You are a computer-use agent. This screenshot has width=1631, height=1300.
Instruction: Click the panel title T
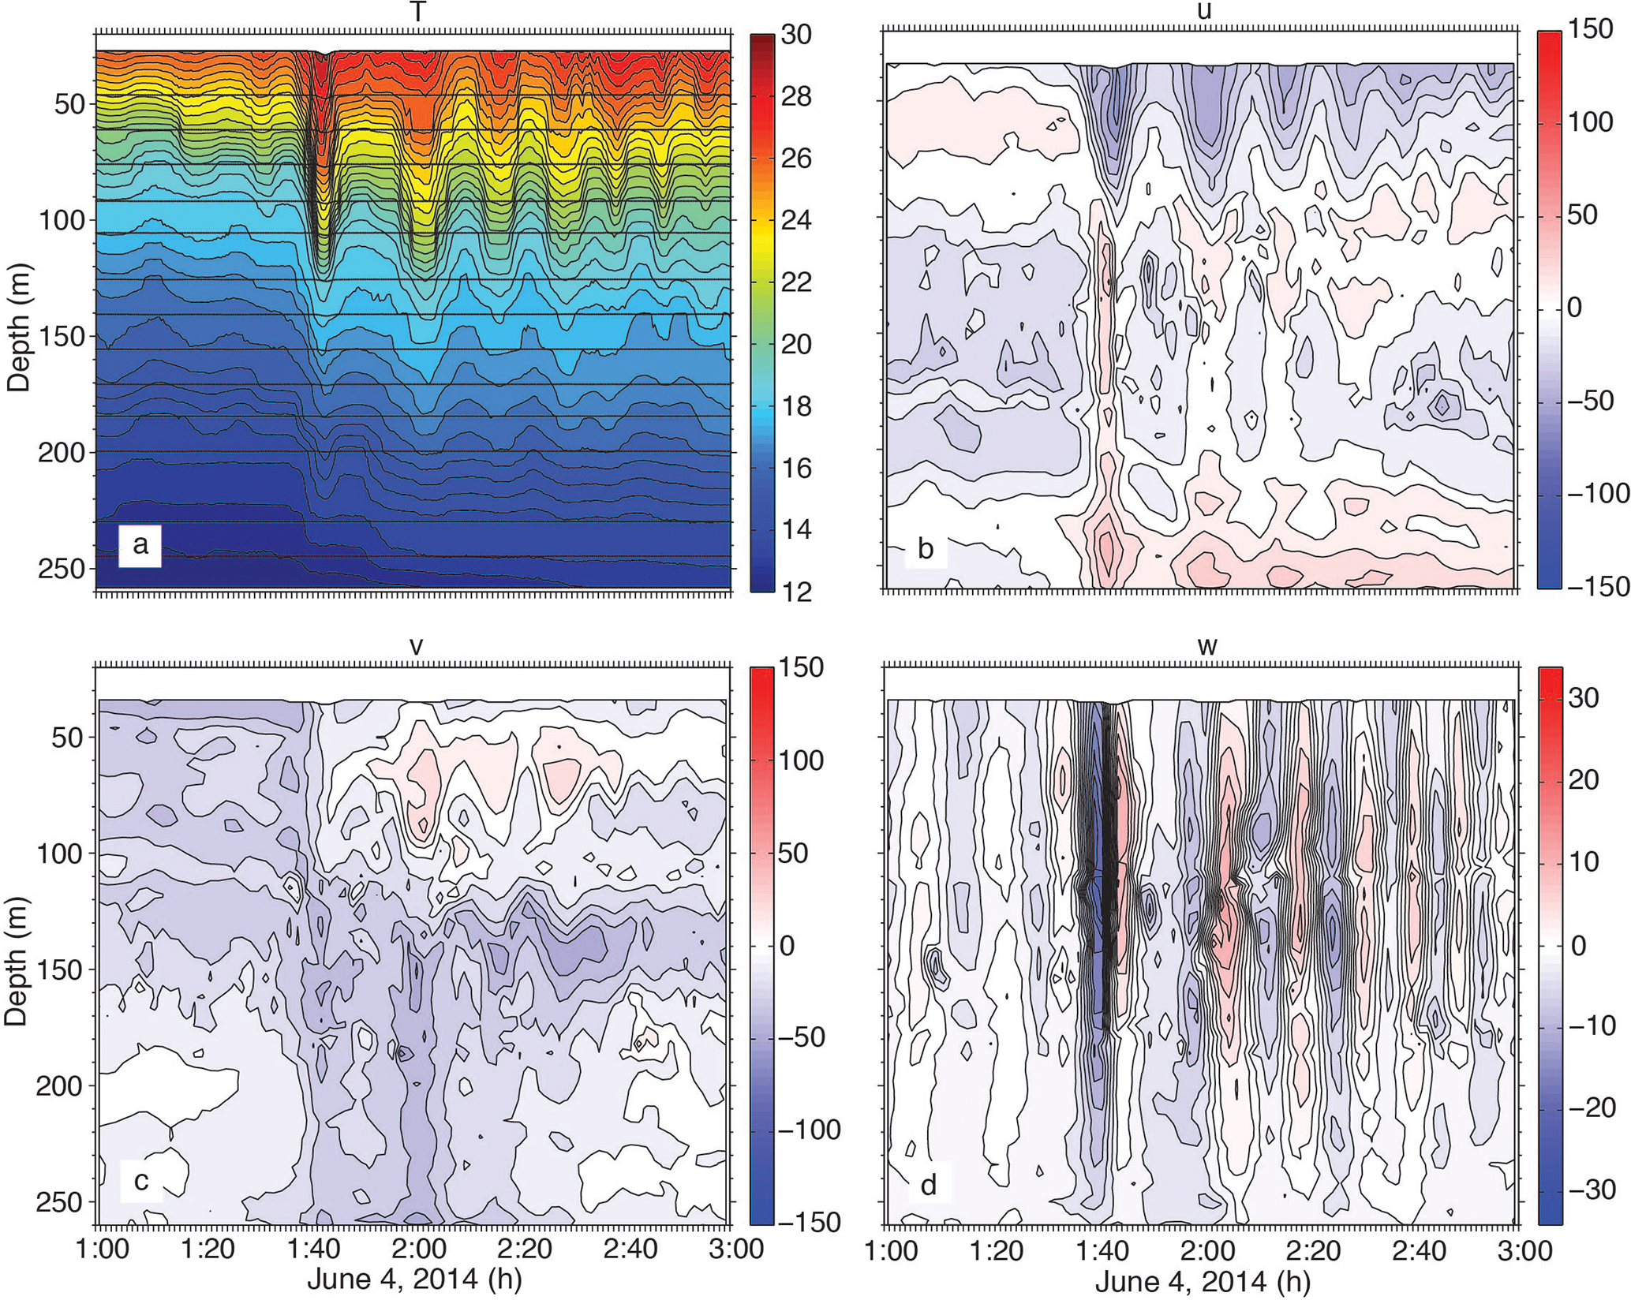[x=413, y=10]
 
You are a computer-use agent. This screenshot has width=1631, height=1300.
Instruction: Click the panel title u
[x=1203, y=12]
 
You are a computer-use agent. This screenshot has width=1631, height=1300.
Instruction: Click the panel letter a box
[x=140, y=545]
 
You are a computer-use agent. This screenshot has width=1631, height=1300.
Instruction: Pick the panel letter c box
[x=141, y=1181]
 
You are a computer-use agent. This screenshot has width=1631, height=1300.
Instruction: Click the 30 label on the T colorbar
[x=795, y=35]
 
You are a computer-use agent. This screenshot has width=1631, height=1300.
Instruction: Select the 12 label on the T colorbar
[x=795, y=592]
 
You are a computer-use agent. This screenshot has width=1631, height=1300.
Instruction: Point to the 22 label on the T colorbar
[x=795, y=282]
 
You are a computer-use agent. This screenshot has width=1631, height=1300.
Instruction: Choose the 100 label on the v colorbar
[x=797, y=761]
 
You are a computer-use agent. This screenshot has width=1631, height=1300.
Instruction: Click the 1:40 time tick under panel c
[x=316, y=1251]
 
